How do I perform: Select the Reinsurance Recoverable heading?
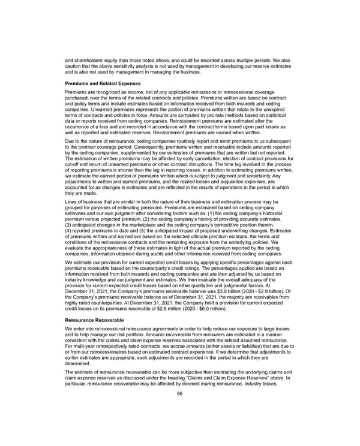click(x=96, y=320)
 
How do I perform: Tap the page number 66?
click(x=180, y=393)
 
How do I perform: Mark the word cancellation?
click(x=214, y=164)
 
